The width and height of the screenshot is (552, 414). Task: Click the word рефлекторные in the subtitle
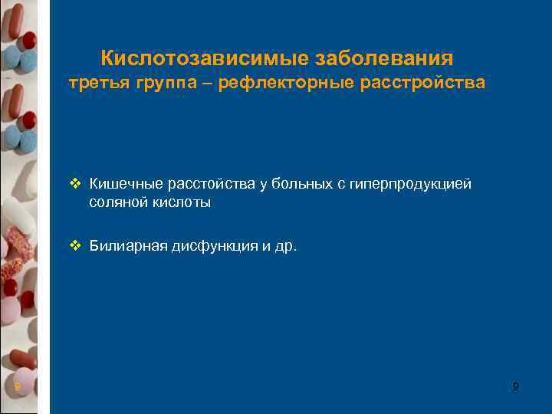[x=287, y=83]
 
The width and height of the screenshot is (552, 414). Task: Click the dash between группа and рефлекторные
[x=209, y=83]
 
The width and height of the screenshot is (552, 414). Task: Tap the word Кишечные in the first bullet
[x=120, y=184]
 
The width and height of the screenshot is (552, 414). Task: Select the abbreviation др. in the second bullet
[x=284, y=247]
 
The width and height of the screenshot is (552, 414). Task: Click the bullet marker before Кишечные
[x=74, y=184]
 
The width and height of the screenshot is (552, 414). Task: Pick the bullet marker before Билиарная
[x=74, y=246]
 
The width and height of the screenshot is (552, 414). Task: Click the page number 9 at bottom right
[x=515, y=387]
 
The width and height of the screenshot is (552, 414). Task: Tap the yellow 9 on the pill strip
[x=17, y=387]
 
